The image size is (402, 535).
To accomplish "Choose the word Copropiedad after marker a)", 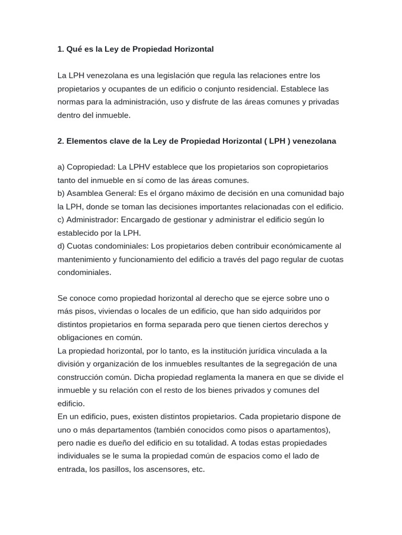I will click(91, 167).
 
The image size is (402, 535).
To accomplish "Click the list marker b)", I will click(61, 193).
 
